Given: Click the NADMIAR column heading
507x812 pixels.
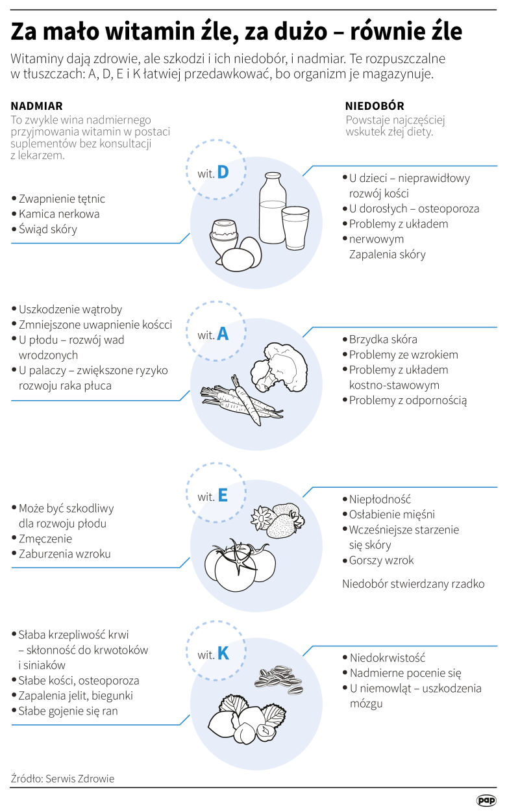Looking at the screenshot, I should (x=37, y=106).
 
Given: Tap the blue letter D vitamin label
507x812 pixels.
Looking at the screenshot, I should (x=223, y=171).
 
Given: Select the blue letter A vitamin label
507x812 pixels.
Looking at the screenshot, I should (x=223, y=334).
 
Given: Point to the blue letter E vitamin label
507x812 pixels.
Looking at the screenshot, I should (x=223, y=496).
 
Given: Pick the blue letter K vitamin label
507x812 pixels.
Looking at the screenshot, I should (x=223, y=653).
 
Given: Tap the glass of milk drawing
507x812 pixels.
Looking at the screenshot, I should (x=296, y=227).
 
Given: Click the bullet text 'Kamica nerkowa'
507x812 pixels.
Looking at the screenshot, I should (x=59, y=214).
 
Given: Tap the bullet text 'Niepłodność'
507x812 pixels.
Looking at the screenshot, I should (x=380, y=500).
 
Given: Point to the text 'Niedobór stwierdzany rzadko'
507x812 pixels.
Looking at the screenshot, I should (x=413, y=583).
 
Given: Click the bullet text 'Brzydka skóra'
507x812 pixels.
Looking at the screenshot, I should (x=382, y=339).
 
